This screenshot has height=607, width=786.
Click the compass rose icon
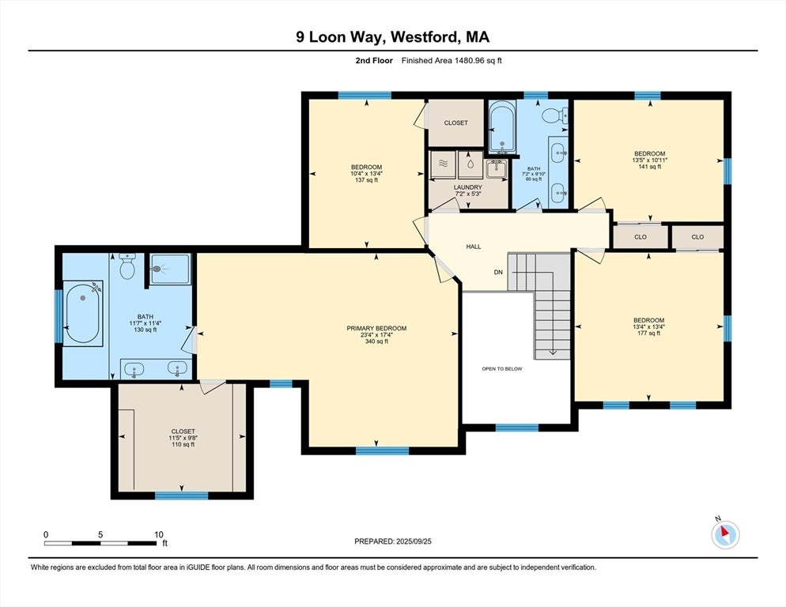coord(724,535)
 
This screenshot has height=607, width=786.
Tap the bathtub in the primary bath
coord(83,314)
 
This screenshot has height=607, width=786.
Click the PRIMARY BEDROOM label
coord(376,328)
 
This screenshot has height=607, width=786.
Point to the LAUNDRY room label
coord(467,187)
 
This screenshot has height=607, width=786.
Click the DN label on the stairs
coord(498,272)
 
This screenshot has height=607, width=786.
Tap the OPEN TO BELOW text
coord(502,368)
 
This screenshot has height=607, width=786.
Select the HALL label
coord(473,247)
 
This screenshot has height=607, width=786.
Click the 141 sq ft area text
coord(649,166)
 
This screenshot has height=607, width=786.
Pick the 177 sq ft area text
coord(648,334)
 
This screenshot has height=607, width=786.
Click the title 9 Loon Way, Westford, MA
coord(392,37)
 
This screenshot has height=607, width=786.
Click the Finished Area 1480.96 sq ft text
coord(452,60)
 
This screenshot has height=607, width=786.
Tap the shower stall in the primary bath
coord(169,269)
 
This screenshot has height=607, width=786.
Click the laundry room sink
coord(496,167)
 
